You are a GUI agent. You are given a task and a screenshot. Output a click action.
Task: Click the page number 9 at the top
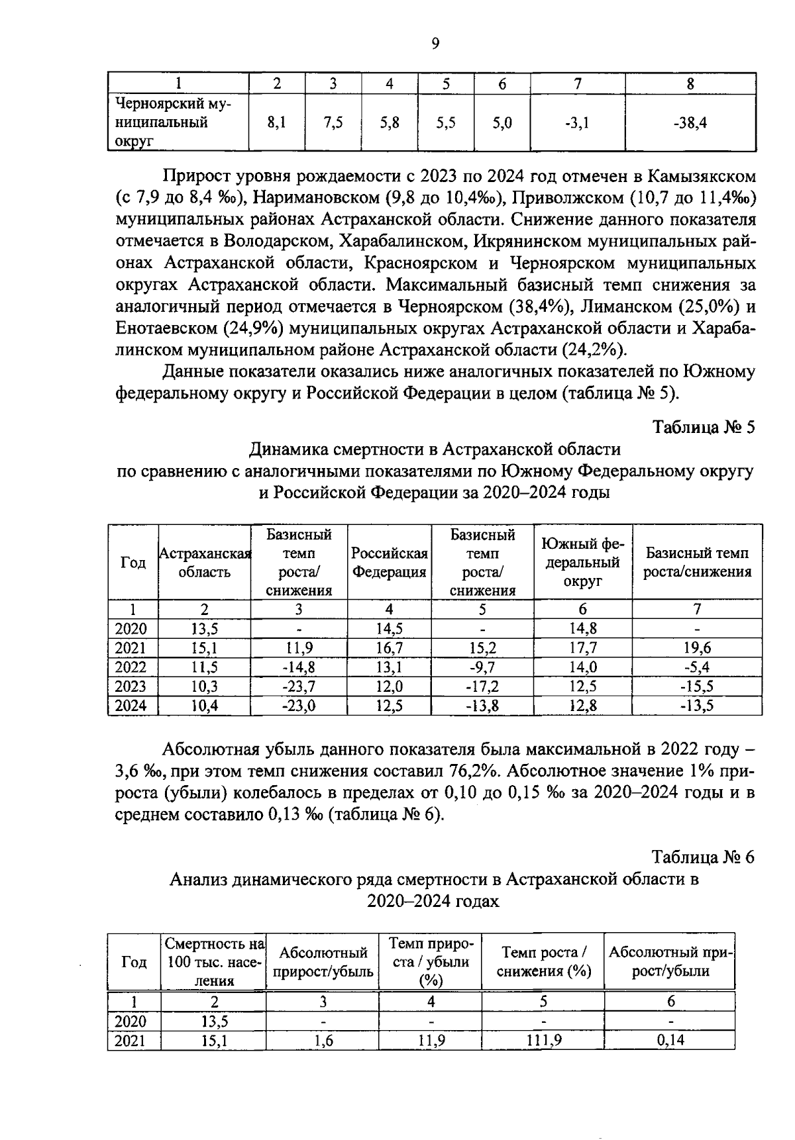coord(435,44)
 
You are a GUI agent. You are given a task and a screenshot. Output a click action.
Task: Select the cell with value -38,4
coord(690,122)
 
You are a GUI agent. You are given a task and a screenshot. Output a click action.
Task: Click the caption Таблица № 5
coord(704,427)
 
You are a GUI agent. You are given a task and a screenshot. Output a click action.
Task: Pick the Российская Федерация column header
coord(389,563)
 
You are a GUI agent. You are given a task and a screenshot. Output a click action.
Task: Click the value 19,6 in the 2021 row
coord(696,647)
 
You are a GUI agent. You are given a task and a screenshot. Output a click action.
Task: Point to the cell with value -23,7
coord(299,687)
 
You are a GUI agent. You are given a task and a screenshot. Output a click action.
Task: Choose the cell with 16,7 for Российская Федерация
coord(389,647)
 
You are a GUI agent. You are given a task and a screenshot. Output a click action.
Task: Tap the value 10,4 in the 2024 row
coord(205,706)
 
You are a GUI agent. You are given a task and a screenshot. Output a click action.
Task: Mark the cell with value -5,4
coord(696,667)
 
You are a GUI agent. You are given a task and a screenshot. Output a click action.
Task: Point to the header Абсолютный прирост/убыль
coord(323,963)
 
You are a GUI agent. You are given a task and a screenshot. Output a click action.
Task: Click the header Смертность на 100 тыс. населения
coord(214,963)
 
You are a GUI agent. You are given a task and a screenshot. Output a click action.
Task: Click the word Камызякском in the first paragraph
coord(702,177)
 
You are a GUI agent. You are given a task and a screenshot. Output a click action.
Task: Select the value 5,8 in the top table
coord(390,122)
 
